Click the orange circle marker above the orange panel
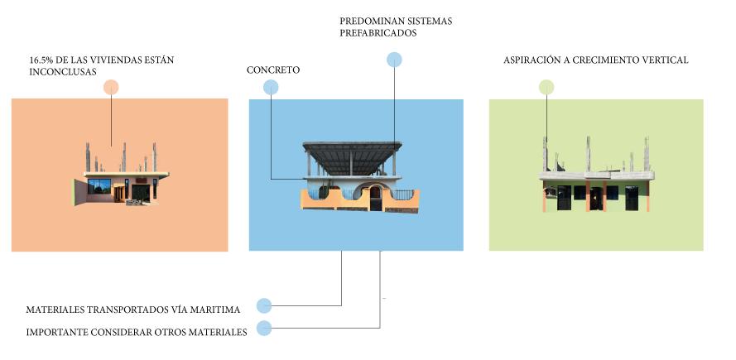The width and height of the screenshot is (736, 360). click(x=111, y=87)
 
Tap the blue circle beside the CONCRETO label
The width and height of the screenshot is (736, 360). click(x=271, y=87)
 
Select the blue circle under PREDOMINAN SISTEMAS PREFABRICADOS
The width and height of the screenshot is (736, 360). click(x=395, y=59)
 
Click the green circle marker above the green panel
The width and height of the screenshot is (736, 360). click(x=546, y=87)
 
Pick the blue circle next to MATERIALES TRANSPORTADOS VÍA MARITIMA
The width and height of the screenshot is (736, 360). click(x=264, y=305)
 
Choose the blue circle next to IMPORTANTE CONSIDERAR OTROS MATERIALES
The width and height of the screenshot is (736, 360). click(x=264, y=328)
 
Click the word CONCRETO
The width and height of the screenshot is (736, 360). click(x=273, y=70)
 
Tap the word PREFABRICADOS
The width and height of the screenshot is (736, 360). click(x=378, y=34)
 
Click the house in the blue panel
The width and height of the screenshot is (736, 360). click(x=357, y=178)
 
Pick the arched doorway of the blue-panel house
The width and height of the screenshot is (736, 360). click(x=376, y=197)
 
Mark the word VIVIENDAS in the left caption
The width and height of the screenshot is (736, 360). click(x=121, y=60)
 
